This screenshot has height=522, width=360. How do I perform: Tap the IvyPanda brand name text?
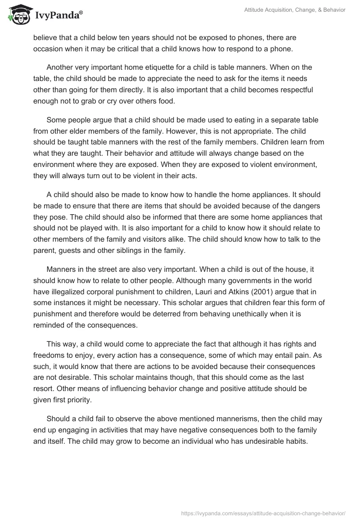[x=58, y=16]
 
